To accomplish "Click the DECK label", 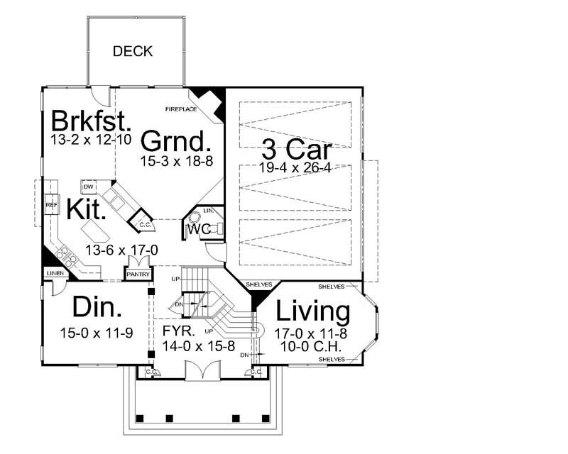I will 133,52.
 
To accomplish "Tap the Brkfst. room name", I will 91,120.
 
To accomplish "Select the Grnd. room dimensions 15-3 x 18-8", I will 175,162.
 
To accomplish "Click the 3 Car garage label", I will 296,150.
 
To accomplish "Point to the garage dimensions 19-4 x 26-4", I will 295,168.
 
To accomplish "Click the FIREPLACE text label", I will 181,110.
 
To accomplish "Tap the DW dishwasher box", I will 89,186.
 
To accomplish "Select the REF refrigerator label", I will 51,205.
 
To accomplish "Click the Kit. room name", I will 88,209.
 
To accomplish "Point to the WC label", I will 197,230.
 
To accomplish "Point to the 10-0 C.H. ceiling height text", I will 312,348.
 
